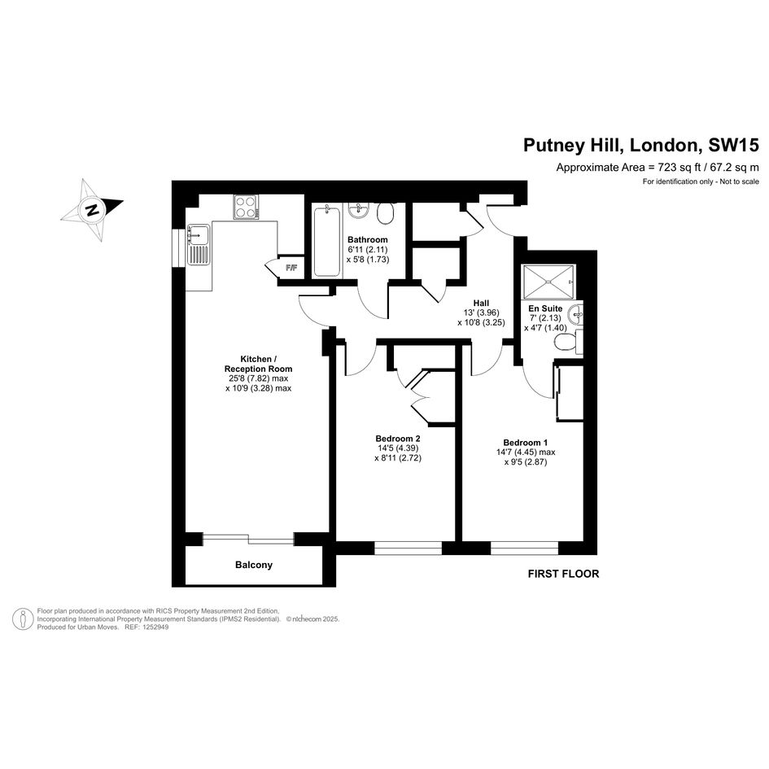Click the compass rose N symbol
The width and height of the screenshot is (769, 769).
92,210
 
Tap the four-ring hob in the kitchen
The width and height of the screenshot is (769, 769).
247,207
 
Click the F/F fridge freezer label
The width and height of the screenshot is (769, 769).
291,268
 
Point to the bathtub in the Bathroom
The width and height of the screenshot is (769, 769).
326,242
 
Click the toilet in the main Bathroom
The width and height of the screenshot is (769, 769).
386,214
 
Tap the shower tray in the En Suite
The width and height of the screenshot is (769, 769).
548,282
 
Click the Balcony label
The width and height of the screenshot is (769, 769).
254,565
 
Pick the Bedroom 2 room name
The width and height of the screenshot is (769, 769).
398,439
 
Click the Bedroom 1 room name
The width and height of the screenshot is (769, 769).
526,443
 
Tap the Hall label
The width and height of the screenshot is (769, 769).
481,303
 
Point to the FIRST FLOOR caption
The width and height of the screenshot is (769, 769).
563,574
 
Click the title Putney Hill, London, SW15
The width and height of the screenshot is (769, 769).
641,145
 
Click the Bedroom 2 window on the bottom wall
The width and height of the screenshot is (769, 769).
408,548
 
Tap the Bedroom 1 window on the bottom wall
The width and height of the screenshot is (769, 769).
525,548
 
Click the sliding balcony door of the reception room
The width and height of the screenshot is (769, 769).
248,539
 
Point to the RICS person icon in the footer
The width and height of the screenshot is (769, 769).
23,619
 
